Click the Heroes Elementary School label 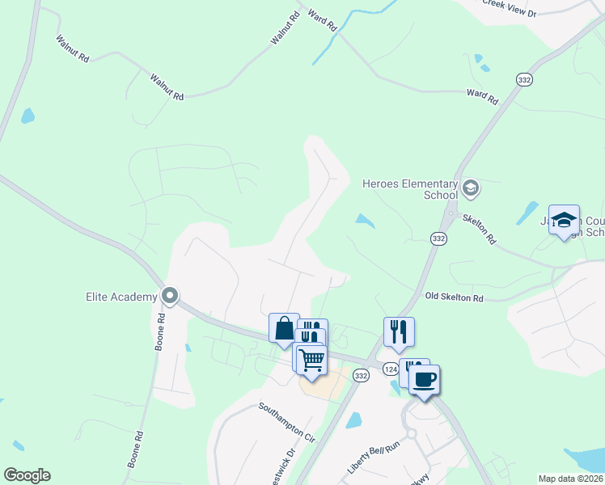(409, 189)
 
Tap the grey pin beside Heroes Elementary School (471, 189)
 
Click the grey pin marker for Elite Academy (170, 296)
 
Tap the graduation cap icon (564, 220)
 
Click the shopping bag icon (284, 328)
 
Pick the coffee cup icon (425, 378)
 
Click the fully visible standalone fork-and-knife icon (399, 331)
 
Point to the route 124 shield (390, 369)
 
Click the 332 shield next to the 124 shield (361, 375)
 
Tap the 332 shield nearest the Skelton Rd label (438, 238)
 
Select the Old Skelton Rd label (454, 298)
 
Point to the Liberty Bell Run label (374, 457)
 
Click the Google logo (27, 475)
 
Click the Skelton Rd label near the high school (480, 230)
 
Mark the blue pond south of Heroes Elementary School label (365, 220)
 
